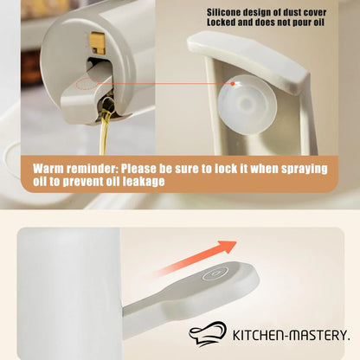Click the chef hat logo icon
[208, 334]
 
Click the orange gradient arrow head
[228, 246]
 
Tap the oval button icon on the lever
[215, 273]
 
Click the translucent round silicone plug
[247, 105]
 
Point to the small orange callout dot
[233, 83]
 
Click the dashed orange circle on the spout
[86, 84]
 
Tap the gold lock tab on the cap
[98, 42]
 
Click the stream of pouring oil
[106, 127]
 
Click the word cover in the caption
[315, 13]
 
